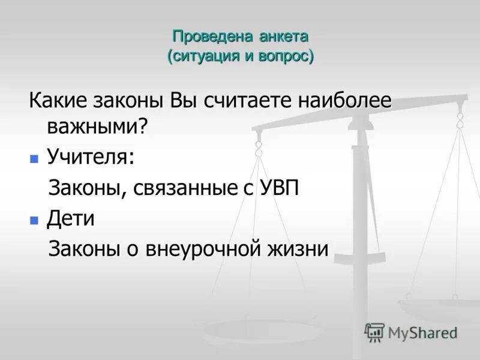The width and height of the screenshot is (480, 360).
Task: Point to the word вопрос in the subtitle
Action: (x=285, y=56)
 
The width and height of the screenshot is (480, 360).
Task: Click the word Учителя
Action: (x=91, y=157)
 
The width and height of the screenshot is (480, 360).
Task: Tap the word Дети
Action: (x=71, y=218)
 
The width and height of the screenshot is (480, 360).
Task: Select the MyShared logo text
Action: (x=422, y=332)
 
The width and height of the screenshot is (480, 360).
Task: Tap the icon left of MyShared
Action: (x=374, y=332)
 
